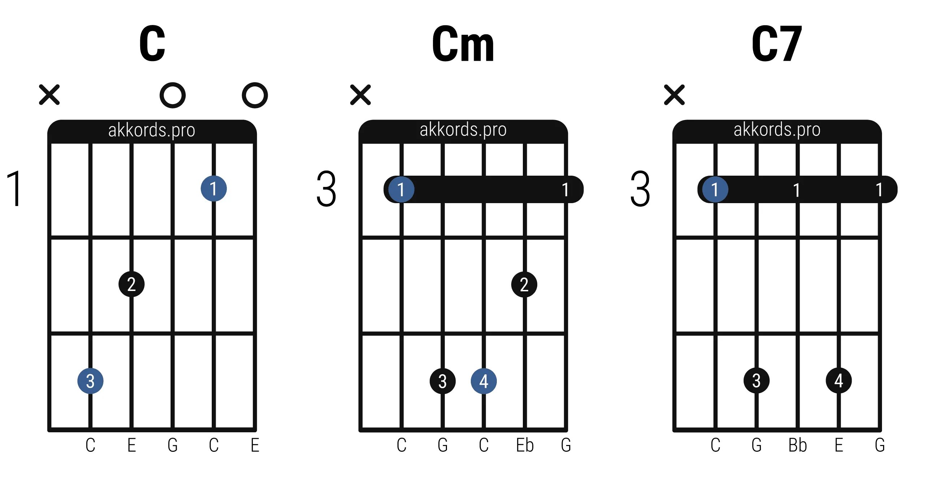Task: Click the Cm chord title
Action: pyautogui.click(x=463, y=44)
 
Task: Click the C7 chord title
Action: pyautogui.click(x=777, y=44)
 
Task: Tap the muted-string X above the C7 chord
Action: pyautogui.click(x=674, y=95)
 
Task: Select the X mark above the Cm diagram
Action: pyautogui.click(x=360, y=95)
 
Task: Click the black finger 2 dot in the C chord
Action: pyautogui.click(x=132, y=284)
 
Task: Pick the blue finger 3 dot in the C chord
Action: pyautogui.click(x=90, y=381)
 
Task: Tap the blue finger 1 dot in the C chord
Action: pyautogui.click(x=214, y=189)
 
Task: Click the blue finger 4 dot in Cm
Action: pyautogui.click(x=483, y=381)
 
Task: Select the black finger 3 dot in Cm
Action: pyautogui.click(x=442, y=381)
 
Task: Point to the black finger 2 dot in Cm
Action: pyautogui.click(x=524, y=284)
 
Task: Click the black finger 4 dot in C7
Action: pyautogui.click(x=839, y=381)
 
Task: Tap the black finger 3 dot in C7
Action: pyautogui.click(x=756, y=381)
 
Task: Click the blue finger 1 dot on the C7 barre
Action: pyautogui.click(x=715, y=189)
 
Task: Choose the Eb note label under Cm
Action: pyautogui.click(x=525, y=445)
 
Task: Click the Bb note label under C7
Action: pyautogui.click(x=797, y=445)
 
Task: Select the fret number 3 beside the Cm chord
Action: pyautogui.click(x=326, y=189)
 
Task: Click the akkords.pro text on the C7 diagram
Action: pyautogui.click(x=777, y=129)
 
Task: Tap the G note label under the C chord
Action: pyautogui.click(x=173, y=445)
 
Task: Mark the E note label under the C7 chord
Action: pyautogui.click(x=839, y=445)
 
